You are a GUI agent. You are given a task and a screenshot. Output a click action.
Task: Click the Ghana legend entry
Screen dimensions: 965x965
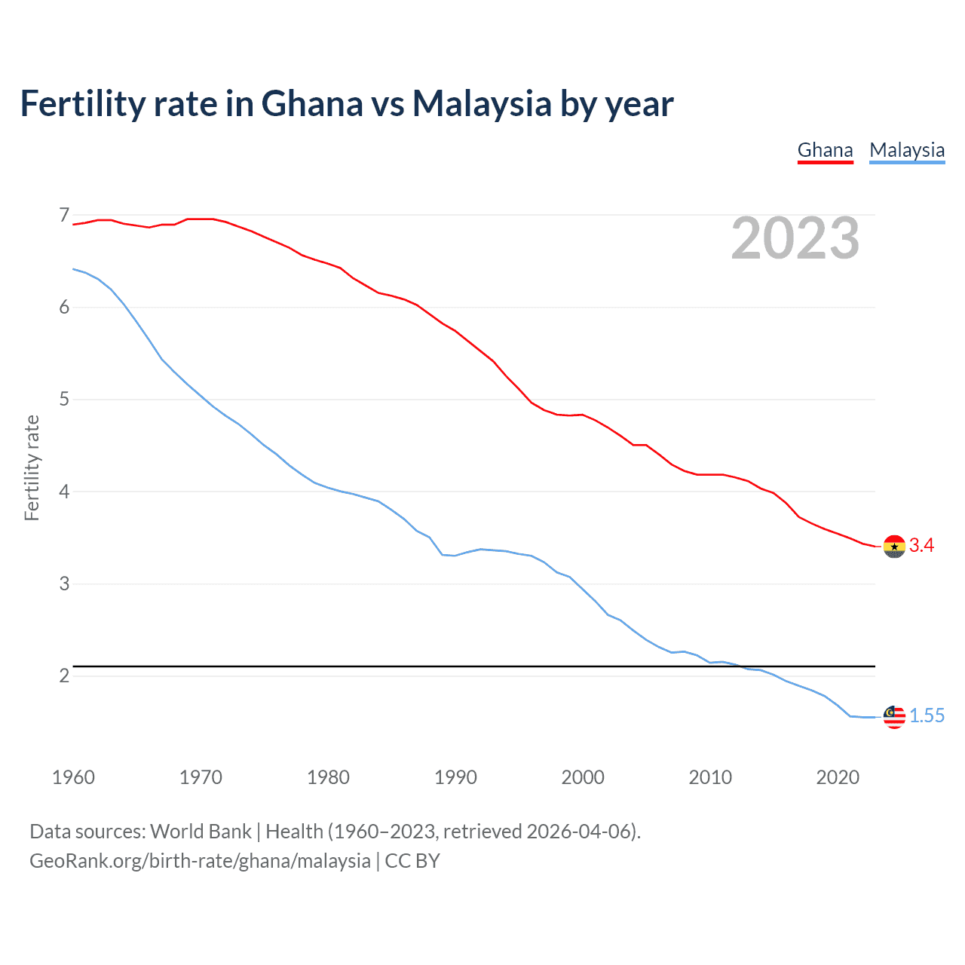coord(825,150)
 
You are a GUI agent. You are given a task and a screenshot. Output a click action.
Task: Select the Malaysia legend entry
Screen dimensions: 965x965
coord(906,150)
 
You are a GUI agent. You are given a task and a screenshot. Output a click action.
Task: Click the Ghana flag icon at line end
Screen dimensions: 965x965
coord(893,546)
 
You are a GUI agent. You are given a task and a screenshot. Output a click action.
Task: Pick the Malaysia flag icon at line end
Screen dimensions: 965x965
coord(893,716)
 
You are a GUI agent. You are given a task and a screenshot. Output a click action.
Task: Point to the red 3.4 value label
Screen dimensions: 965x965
coord(921,546)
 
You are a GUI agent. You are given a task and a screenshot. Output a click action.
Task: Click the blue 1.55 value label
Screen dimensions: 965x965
coord(927,716)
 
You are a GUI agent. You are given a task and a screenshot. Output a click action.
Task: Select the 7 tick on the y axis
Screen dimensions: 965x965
coord(64,216)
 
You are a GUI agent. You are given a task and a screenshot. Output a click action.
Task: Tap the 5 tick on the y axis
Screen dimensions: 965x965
coord(64,400)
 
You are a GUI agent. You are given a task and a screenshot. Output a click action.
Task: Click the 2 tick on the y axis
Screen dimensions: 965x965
coord(64,676)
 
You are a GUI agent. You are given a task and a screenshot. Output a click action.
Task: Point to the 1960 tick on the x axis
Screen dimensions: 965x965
coord(73,777)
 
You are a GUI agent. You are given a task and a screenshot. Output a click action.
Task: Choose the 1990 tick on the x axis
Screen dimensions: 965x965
coord(455,777)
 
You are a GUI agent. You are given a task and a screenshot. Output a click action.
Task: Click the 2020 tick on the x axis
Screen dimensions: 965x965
coord(838,777)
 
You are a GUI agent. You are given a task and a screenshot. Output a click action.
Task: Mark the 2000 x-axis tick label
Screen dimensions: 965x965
coord(583,777)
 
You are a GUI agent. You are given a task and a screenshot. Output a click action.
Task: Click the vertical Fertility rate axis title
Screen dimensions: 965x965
coord(32,467)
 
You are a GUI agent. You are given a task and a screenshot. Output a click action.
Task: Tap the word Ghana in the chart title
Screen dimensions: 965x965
coord(311,104)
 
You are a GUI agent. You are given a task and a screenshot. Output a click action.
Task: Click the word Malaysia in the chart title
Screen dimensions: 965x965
coord(482,104)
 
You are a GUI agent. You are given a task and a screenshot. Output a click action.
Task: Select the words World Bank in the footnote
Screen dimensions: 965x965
coord(201,832)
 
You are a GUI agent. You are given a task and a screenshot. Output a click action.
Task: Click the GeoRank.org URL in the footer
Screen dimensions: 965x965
coord(200,861)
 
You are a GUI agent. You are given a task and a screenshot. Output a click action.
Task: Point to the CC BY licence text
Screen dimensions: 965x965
coord(412,861)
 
